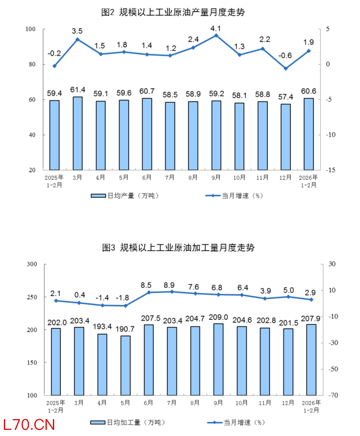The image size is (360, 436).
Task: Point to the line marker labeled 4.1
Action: click(216, 35)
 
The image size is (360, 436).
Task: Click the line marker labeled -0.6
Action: click(286, 69)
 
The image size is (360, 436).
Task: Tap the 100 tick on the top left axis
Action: click(31, 29)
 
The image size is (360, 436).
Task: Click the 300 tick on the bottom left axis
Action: click(31, 264)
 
